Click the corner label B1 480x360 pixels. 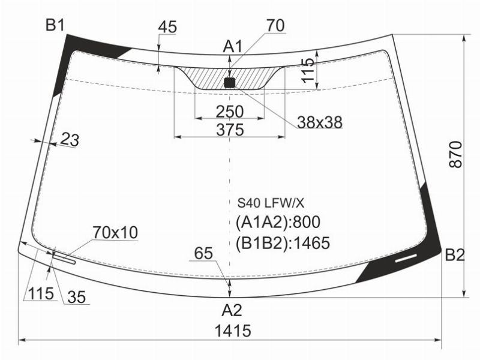[55, 25]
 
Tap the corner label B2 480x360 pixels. [455, 254]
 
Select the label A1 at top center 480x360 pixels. [233, 47]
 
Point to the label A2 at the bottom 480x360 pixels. [232, 310]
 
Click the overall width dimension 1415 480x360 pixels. [233, 331]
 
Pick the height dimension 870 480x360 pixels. [456, 154]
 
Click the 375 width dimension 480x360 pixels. [230, 130]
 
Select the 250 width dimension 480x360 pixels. [230, 112]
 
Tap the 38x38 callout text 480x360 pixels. [320, 122]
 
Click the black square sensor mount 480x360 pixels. [230, 82]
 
